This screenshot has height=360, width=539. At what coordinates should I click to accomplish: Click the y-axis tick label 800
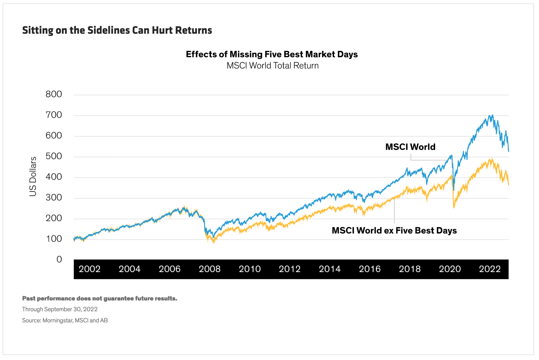tap(54, 94)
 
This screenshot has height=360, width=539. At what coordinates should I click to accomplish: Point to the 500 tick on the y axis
tap(54, 156)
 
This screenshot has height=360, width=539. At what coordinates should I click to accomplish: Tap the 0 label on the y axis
tap(59, 259)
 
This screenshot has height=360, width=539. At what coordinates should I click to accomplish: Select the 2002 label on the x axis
tap(89, 269)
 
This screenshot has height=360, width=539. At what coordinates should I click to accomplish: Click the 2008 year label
tap(210, 269)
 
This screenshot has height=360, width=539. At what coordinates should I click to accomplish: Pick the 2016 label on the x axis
tap(370, 269)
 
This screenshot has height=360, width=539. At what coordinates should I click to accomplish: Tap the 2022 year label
tap(490, 269)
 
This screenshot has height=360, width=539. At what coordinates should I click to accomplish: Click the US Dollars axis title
tap(33, 176)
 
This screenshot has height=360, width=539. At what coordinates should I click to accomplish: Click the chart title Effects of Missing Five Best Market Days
tap(272, 54)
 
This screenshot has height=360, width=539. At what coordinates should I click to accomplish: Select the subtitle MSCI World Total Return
tap(273, 66)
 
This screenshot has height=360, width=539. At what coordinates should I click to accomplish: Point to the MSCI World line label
tap(410, 147)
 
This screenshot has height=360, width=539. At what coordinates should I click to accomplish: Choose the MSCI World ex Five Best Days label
tap(394, 231)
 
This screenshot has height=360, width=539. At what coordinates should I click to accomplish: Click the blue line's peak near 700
tap(492, 115)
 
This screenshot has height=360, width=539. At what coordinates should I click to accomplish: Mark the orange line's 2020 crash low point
tap(454, 207)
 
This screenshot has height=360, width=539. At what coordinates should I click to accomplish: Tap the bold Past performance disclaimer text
tap(100, 299)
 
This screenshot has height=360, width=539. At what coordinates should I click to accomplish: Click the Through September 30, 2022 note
tap(60, 309)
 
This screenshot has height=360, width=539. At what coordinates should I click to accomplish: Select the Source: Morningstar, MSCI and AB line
tap(65, 321)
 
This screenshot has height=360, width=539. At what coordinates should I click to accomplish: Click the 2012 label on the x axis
tap(290, 269)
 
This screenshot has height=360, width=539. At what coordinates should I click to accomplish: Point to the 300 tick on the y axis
tap(54, 197)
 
